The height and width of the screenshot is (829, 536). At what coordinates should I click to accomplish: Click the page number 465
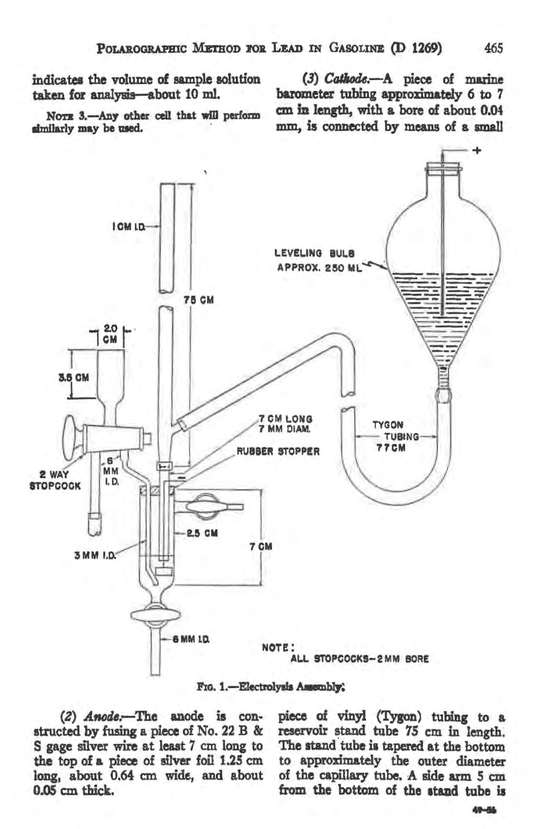point(493,48)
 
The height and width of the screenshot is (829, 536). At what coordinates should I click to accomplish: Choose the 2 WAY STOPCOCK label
point(55,480)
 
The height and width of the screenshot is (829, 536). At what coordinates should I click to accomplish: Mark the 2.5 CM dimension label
point(204,532)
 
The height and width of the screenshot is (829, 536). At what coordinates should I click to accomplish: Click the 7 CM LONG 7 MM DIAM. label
point(286,424)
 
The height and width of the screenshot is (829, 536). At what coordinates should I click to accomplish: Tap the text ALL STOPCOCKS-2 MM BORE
point(360,658)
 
